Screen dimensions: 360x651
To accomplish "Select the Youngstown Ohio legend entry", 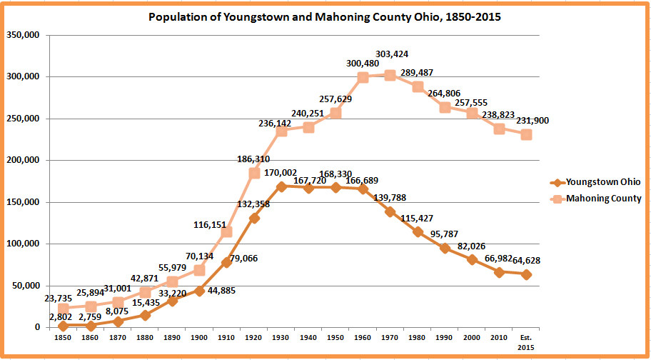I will [603, 181].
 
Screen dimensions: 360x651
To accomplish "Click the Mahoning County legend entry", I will [603, 199].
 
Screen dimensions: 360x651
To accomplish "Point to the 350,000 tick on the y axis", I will [22, 35].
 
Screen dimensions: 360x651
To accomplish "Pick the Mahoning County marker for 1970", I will [390, 74].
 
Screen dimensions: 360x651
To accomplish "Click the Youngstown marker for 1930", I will [281, 186].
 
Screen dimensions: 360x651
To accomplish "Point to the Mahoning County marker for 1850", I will [64, 308].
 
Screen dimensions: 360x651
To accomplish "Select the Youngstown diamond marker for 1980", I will [418, 231].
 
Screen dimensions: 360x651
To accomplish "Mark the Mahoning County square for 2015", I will [526, 134].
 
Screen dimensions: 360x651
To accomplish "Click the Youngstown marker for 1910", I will [227, 262].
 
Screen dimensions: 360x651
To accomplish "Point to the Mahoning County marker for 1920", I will [254, 173].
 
